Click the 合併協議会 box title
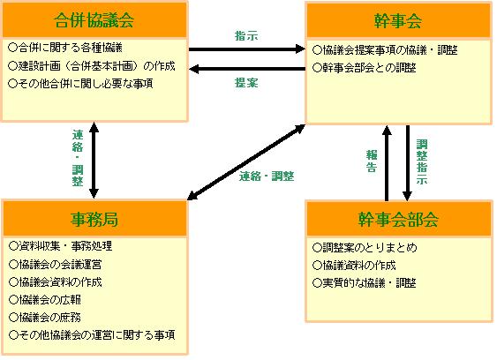(x=94, y=20)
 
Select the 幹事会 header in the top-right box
(x=398, y=21)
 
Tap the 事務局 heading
(x=94, y=219)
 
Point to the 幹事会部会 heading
(x=398, y=220)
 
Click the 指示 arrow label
(x=246, y=36)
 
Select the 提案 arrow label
(x=246, y=83)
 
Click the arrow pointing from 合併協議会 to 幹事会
(x=247, y=49)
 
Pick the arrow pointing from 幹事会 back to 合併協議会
(x=247, y=69)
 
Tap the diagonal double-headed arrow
(x=246, y=162)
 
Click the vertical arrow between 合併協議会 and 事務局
(x=94, y=161)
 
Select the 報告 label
(x=372, y=161)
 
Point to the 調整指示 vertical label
(x=422, y=162)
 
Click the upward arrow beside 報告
(x=387, y=163)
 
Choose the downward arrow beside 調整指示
(x=407, y=163)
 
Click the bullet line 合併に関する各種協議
(x=65, y=48)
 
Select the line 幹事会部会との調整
(x=365, y=68)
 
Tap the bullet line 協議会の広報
(x=45, y=300)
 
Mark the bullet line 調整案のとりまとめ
(x=365, y=248)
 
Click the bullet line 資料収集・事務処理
(x=61, y=246)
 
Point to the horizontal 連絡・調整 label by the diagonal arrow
(x=267, y=176)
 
